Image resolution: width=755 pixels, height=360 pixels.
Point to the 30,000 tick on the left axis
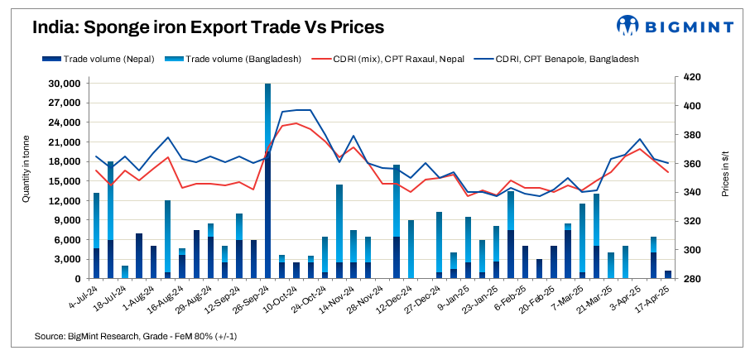(x=62, y=84)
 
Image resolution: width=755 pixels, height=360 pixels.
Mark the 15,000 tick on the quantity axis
(x=62, y=181)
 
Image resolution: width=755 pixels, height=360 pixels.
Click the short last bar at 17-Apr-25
(x=668, y=275)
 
